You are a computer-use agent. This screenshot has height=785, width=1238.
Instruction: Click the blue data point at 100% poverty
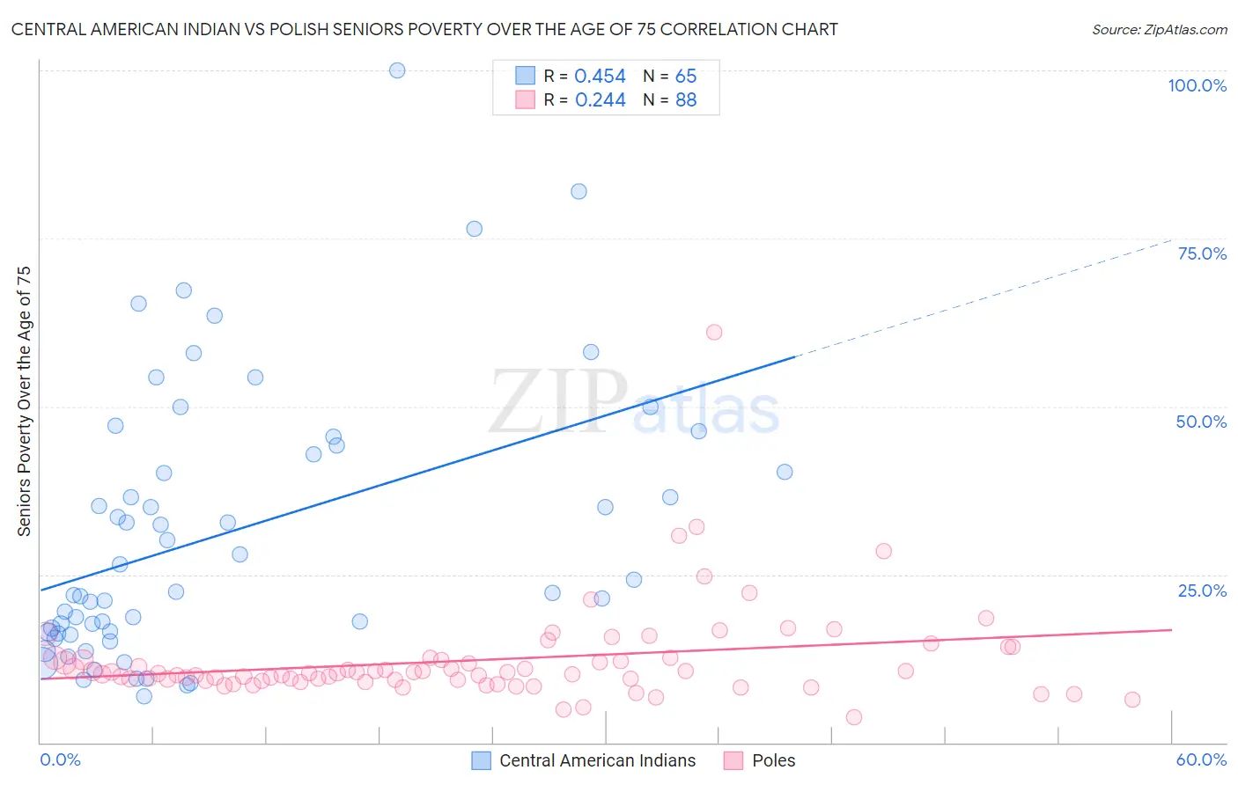tap(397, 70)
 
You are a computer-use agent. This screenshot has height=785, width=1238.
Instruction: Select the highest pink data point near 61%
tap(714, 332)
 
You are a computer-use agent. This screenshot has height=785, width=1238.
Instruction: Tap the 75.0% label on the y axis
tap(1202, 253)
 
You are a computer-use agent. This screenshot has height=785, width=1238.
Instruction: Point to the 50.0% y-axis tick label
tap(1201, 422)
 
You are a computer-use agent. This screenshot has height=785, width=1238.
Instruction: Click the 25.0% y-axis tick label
tap(1202, 591)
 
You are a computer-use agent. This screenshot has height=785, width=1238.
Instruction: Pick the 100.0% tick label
tap(1197, 85)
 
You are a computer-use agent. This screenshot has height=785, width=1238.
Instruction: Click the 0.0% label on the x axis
tap(60, 759)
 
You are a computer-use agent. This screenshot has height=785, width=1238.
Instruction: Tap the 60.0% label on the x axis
tap(1201, 759)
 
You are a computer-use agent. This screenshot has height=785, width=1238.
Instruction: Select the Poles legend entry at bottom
tap(773, 760)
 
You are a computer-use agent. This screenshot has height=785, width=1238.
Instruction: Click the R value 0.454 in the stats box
tap(600, 77)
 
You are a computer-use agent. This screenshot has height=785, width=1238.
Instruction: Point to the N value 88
tap(686, 100)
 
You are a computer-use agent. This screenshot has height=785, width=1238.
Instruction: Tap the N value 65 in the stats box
tap(686, 77)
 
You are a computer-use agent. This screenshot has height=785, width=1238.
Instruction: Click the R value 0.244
tap(600, 100)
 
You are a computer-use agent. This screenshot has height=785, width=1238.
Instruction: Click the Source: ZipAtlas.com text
tap(1159, 30)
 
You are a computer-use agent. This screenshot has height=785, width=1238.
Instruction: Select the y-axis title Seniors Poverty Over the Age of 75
tap(24, 401)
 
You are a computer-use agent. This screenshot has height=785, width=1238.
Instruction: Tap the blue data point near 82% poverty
tap(578, 191)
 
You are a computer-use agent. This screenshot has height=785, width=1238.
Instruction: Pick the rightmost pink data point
tap(1132, 700)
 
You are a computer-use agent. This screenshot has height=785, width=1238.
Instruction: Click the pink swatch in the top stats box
tap(525, 99)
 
